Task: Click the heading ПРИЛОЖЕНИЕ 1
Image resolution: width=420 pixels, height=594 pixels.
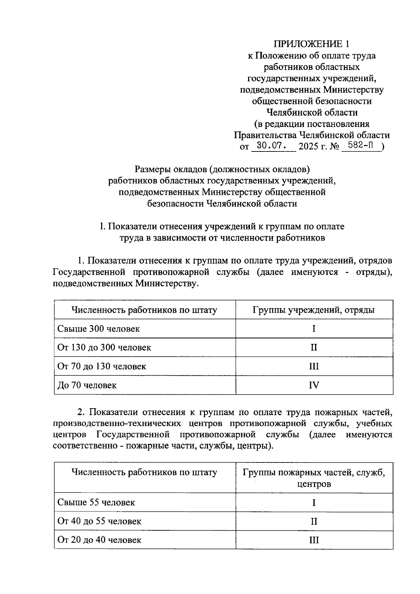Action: click(311, 44)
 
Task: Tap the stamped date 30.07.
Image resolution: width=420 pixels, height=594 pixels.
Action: click(272, 146)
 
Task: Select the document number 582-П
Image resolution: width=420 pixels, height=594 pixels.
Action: click(360, 146)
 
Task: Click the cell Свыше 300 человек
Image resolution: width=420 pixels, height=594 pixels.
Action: click(98, 329)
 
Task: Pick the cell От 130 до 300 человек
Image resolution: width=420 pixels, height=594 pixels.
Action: click(104, 348)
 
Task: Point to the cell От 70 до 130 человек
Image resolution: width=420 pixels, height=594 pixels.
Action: click(101, 367)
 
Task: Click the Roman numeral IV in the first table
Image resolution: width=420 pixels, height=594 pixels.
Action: click(314, 386)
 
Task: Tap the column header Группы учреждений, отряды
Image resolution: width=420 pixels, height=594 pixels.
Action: click(314, 310)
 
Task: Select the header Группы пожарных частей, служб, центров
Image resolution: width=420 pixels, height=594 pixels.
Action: click(314, 478)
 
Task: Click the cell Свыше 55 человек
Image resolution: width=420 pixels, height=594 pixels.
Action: click(96, 503)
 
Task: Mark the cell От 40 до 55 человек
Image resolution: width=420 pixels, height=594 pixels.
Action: click(99, 522)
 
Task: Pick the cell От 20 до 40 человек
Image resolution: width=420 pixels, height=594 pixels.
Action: click(99, 540)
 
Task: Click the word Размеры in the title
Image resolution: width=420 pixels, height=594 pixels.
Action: click(153, 170)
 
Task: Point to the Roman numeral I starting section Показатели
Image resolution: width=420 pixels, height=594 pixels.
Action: click(101, 227)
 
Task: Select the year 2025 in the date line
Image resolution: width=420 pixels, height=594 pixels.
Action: click(308, 147)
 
